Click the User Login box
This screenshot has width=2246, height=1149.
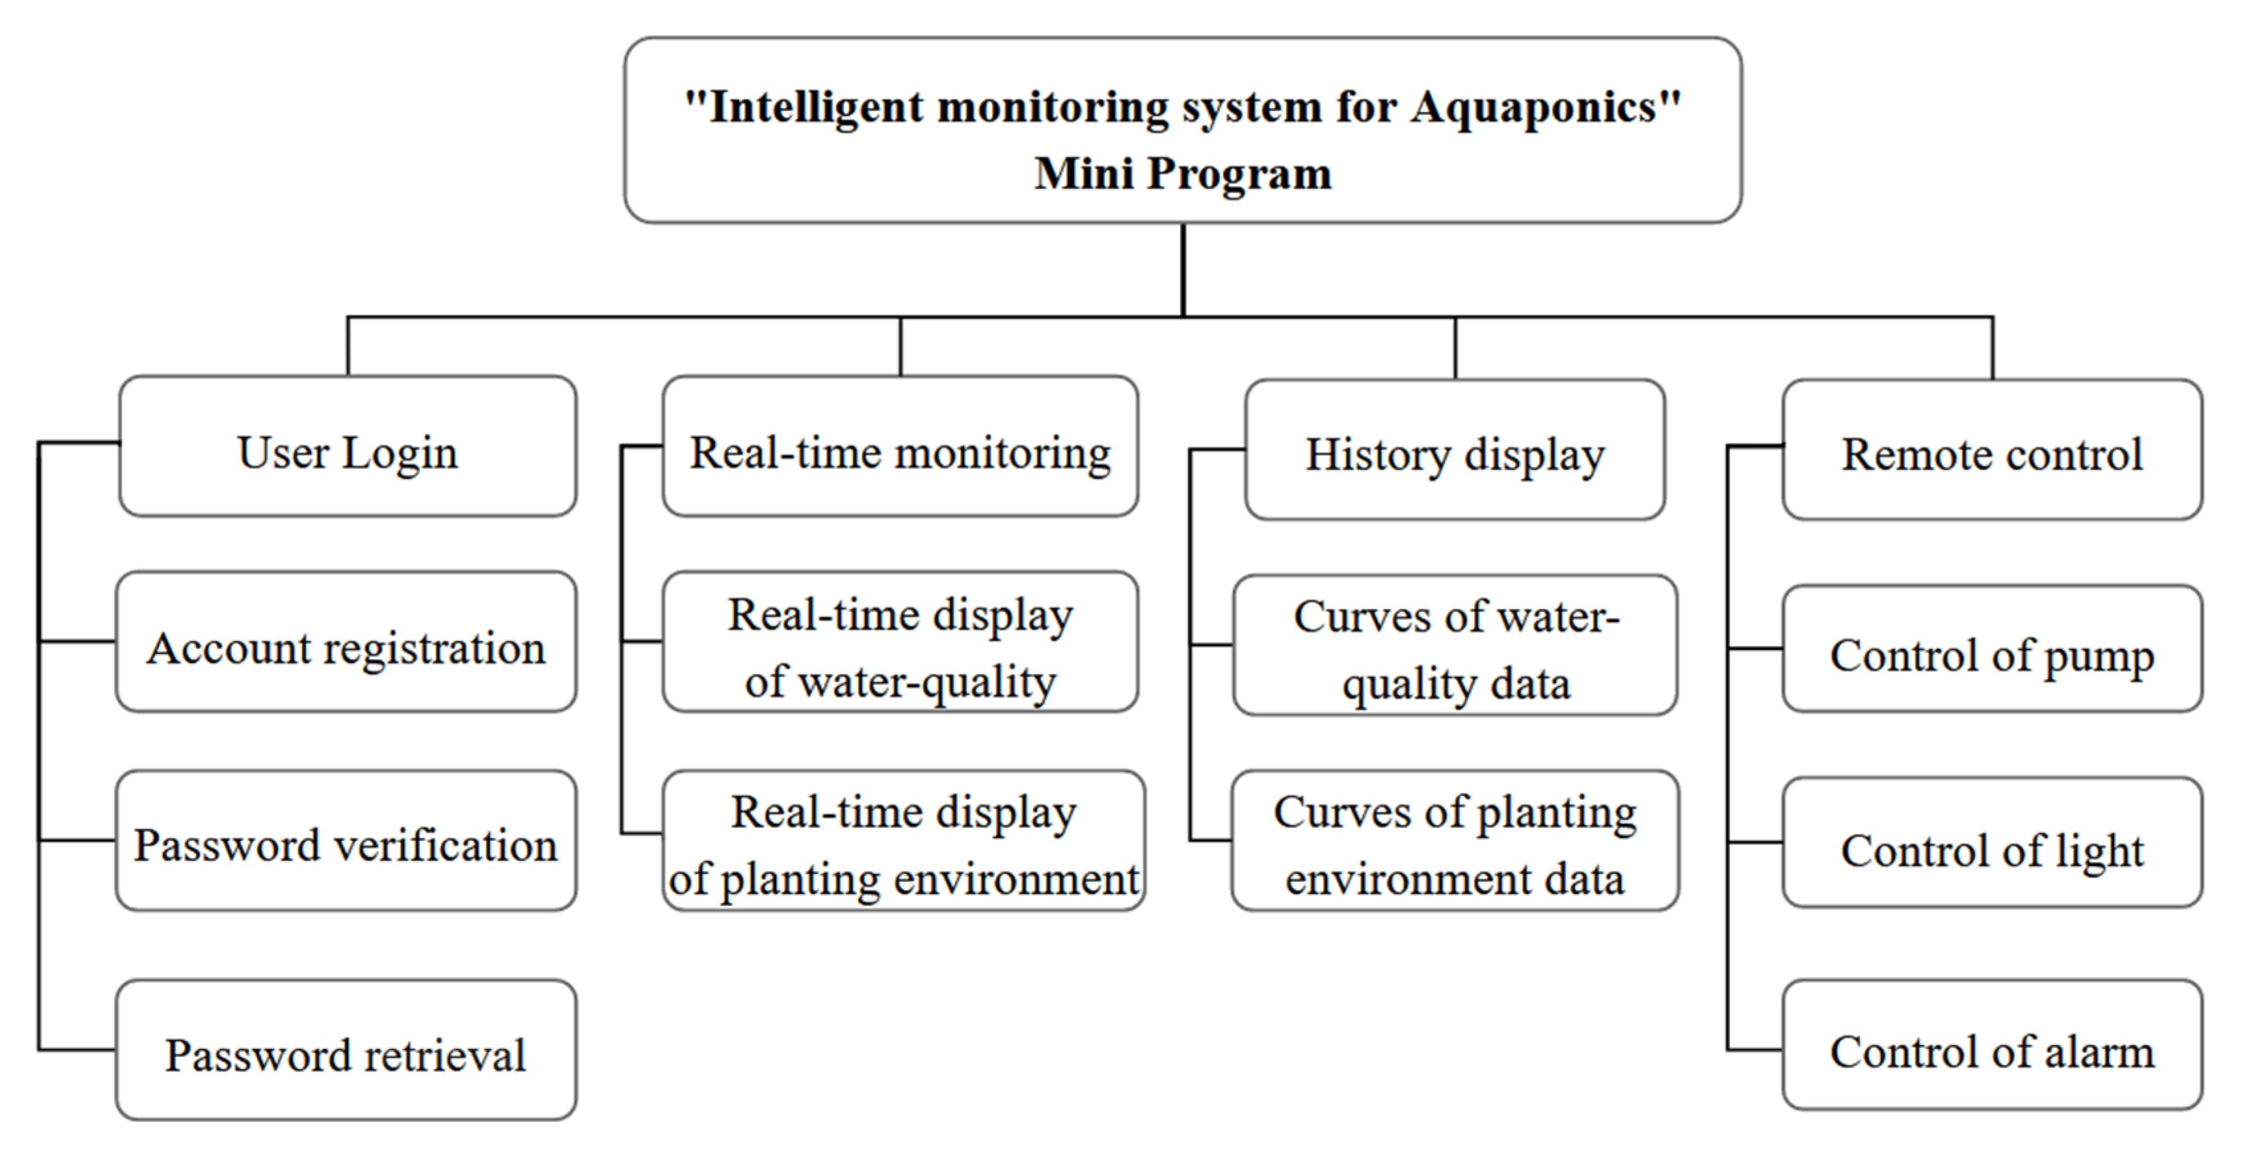[x=347, y=446]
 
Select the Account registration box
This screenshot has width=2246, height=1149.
[x=346, y=642]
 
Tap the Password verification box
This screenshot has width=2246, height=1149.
[x=346, y=841]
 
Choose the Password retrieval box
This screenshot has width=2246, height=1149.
[x=346, y=1050]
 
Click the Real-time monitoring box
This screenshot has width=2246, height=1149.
[x=900, y=446]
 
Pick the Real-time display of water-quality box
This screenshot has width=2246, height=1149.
[x=900, y=642]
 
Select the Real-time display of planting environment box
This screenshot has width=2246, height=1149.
[x=903, y=841]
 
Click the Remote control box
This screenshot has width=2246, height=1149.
[x=1992, y=450]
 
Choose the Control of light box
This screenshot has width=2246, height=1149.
[x=1992, y=843]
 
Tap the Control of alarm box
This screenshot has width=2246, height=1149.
[x=1992, y=1045]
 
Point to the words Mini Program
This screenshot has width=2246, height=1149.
[x=1183, y=173]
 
